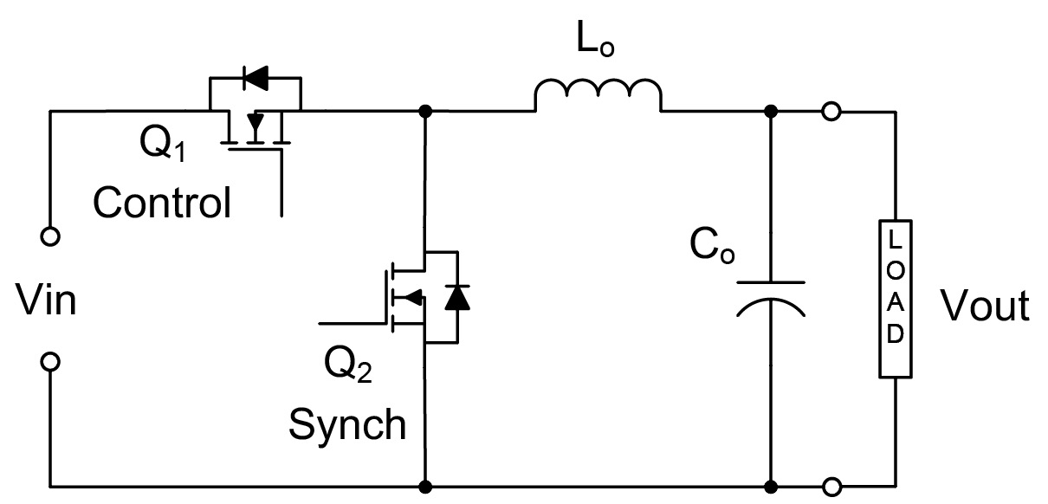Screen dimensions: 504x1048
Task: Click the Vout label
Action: (986, 306)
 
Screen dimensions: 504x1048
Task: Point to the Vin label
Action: (46, 300)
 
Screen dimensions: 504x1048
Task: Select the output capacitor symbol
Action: (771, 299)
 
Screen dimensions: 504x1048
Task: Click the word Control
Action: (162, 204)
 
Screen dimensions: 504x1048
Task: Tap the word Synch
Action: (346, 424)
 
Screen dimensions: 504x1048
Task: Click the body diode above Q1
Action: (256, 80)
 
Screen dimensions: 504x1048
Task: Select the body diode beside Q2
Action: (456, 297)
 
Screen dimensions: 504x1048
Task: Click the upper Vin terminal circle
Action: (51, 236)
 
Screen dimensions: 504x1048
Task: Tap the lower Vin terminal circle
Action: (51, 362)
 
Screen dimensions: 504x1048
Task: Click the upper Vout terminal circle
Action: (831, 112)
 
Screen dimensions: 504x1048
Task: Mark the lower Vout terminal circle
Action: (831, 488)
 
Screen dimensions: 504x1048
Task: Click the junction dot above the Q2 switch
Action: (424, 112)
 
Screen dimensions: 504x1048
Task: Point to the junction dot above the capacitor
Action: (771, 112)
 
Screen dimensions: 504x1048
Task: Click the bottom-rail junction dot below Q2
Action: (424, 488)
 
